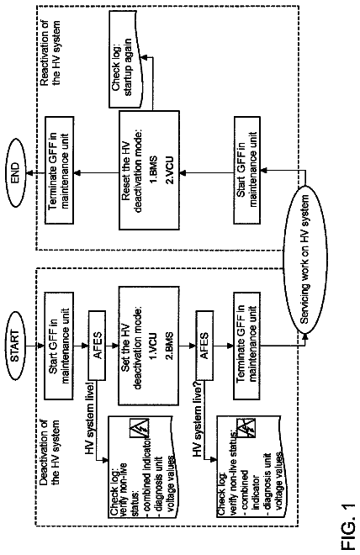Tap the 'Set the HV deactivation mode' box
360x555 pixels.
pos(148,346)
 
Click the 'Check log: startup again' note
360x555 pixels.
pos(126,59)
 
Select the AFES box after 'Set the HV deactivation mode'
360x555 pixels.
pos(204,346)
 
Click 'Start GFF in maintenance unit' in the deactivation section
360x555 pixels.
pos(59,346)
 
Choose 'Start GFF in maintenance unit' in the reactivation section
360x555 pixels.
pos(247,170)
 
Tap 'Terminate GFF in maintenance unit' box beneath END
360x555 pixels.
pos(59,170)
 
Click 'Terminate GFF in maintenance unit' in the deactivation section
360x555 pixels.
pos(247,346)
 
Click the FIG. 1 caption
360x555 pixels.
pos(347,526)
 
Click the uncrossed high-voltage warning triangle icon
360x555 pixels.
pos(140,429)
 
